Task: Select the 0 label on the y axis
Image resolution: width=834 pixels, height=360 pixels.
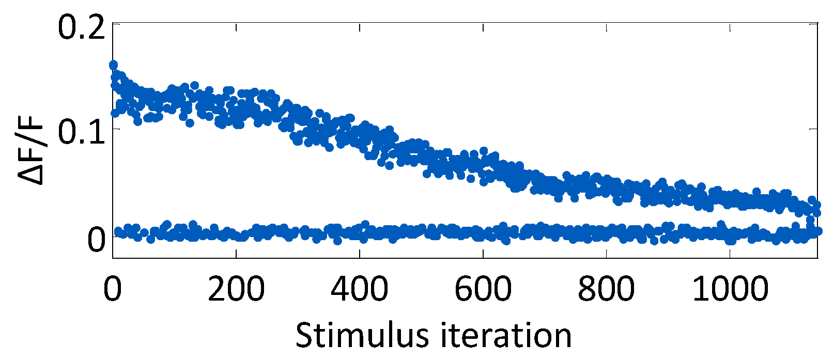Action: point(96,239)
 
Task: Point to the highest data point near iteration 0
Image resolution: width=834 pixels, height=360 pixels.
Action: point(114,65)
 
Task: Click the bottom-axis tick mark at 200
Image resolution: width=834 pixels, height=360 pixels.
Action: point(236,255)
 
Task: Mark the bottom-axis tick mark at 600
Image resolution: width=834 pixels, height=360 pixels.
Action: point(483,255)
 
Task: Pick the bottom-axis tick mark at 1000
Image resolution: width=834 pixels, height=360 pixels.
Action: point(730,255)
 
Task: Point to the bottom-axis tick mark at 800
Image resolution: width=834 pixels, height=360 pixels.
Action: point(606,255)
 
